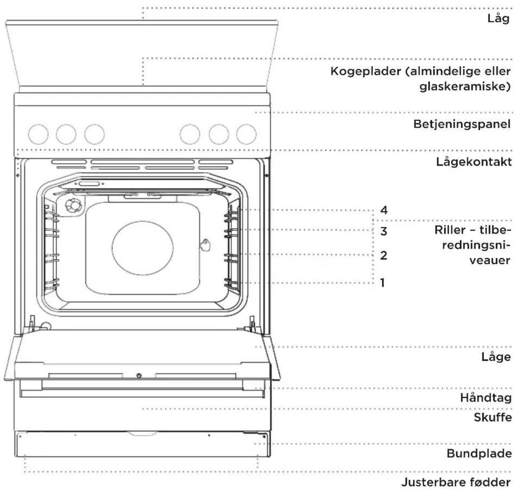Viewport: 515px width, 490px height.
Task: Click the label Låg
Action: (x=498, y=19)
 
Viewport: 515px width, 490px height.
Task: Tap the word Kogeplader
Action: (x=365, y=71)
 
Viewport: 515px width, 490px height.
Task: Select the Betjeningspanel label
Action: (x=462, y=124)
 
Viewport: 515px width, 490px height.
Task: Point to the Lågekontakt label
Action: (x=474, y=162)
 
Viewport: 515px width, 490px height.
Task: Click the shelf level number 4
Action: (x=384, y=210)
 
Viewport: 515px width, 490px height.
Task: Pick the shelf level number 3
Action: (x=384, y=231)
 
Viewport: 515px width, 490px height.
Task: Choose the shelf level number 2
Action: (x=384, y=255)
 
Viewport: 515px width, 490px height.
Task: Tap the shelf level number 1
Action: (x=383, y=283)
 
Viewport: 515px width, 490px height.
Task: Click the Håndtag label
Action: (x=486, y=397)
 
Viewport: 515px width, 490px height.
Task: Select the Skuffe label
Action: (x=493, y=417)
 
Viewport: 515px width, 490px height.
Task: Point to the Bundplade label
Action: (x=479, y=453)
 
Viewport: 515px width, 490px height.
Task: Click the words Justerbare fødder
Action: (x=456, y=482)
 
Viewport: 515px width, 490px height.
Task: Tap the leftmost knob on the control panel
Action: (x=38, y=134)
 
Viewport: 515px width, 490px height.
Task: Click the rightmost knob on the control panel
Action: (x=246, y=134)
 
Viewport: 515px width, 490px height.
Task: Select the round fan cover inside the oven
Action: (x=142, y=248)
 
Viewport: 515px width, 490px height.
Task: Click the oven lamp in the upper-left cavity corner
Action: (x=73, y=205)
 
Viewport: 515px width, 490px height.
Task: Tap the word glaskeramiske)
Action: (x=465, y=86)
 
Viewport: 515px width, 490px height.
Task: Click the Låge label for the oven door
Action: (x=496, y=357)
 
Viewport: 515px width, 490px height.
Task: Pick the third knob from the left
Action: (x=94, y=134)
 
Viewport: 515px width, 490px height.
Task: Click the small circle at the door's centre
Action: (x=139, y=375)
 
